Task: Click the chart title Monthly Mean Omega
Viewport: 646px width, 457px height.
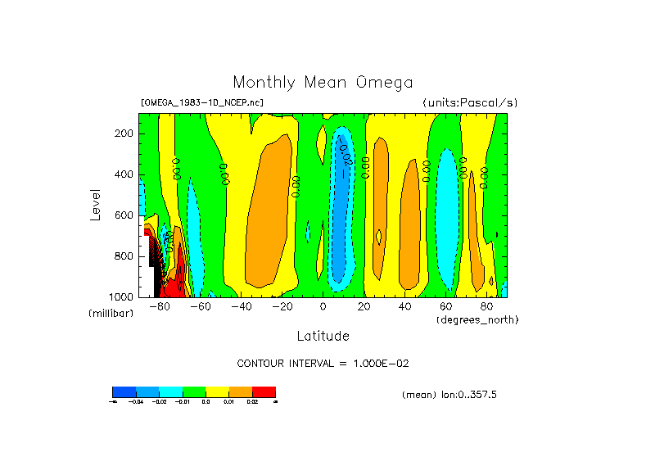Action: coord(323,83)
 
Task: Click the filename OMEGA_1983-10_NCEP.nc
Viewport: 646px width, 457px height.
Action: coord(202,102)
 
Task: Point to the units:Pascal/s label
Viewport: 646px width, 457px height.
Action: coord(470,102)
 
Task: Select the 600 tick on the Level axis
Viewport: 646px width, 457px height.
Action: coord(125,215)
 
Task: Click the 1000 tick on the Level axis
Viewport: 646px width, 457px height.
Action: coord(123,296)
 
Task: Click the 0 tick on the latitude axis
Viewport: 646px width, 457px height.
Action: coord(323,306)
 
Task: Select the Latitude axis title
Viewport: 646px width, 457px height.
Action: coord(323,336)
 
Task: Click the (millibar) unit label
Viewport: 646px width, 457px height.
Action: coord(111,314)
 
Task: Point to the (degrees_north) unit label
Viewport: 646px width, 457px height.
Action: coord(477,319)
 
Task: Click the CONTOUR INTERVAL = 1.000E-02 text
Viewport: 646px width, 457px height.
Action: coord(323,363)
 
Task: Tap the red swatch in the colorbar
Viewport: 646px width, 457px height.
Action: coord(264,391)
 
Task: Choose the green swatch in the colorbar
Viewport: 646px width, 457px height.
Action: coord(194,391)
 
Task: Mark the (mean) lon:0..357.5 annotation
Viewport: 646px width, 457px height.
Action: coord(449,395)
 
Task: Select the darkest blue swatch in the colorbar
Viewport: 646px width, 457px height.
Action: coord(124,391)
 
